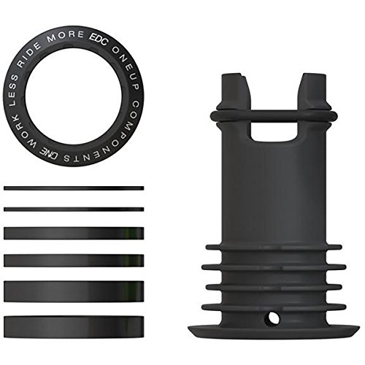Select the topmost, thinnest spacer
74,188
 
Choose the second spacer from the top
74,209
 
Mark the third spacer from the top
74,233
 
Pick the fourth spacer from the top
74,260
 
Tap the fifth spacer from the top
74,290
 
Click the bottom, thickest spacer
74,324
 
